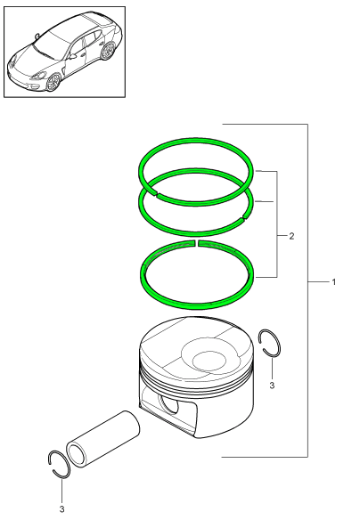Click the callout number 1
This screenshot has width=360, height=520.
click(334, 282)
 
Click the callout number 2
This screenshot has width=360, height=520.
click(291, 236)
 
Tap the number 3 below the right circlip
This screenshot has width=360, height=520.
click(272, 386)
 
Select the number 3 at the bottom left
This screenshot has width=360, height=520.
click(61, 508)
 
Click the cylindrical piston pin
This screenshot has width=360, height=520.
click(102, 439)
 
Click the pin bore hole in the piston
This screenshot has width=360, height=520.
click(169, 404)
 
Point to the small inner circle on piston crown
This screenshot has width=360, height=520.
click(209, 362)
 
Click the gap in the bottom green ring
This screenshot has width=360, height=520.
click(196, 243)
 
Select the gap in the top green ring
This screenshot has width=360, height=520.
click(155, 193)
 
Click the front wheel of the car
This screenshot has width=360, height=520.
click(53, 82)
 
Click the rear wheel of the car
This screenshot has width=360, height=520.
click(107, 52)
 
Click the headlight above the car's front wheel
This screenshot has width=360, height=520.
click(39, 76)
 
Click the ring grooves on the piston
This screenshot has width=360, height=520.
click(196, 381)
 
